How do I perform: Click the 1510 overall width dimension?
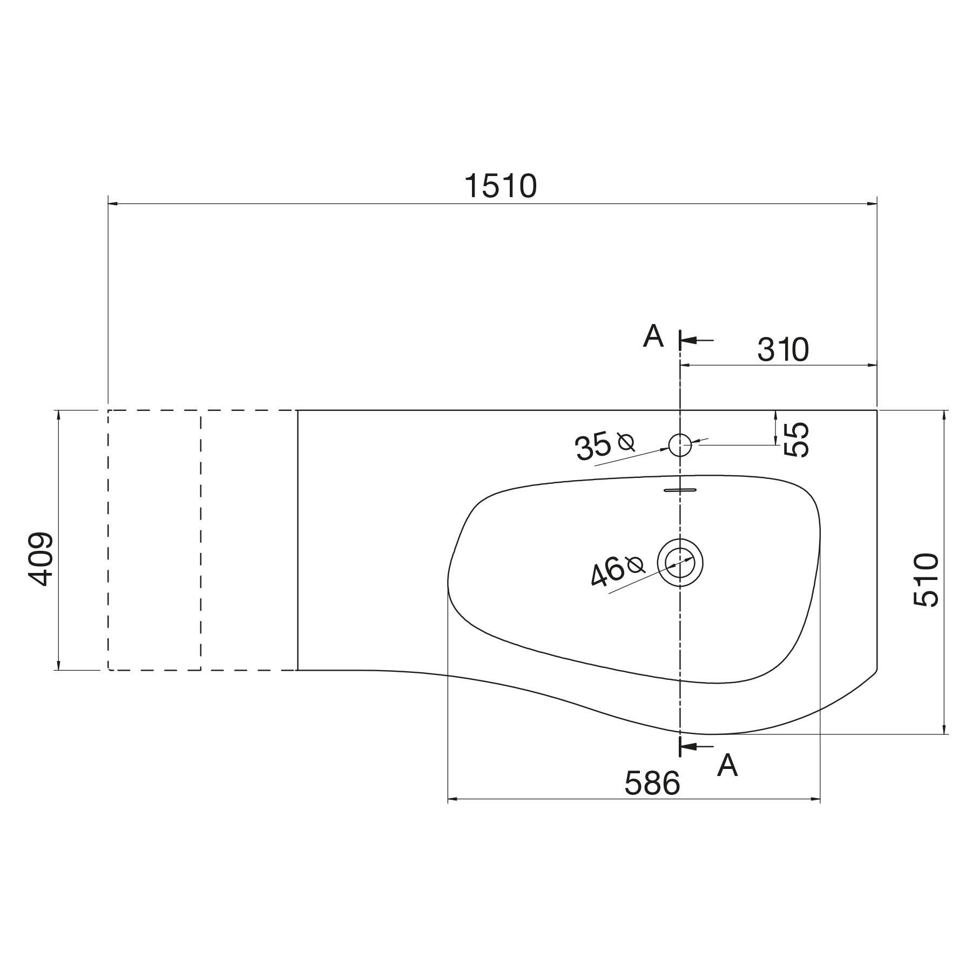click(501, 186)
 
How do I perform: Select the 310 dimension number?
click(782, 350)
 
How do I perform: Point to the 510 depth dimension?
click(927, 580)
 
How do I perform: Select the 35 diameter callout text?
click(593, 447)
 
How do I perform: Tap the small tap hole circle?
click(680, 445)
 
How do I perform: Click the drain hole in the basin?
click(680, 563)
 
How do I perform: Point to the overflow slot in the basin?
click(680, 490)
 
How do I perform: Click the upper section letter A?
click(653, 337)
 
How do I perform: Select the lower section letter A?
click(727, 765)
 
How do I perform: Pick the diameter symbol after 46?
click(636, 565)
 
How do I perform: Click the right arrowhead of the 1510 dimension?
click(871, 204)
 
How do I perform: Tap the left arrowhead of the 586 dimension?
click(454, 799)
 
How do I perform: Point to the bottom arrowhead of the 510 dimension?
click(944, 729)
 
